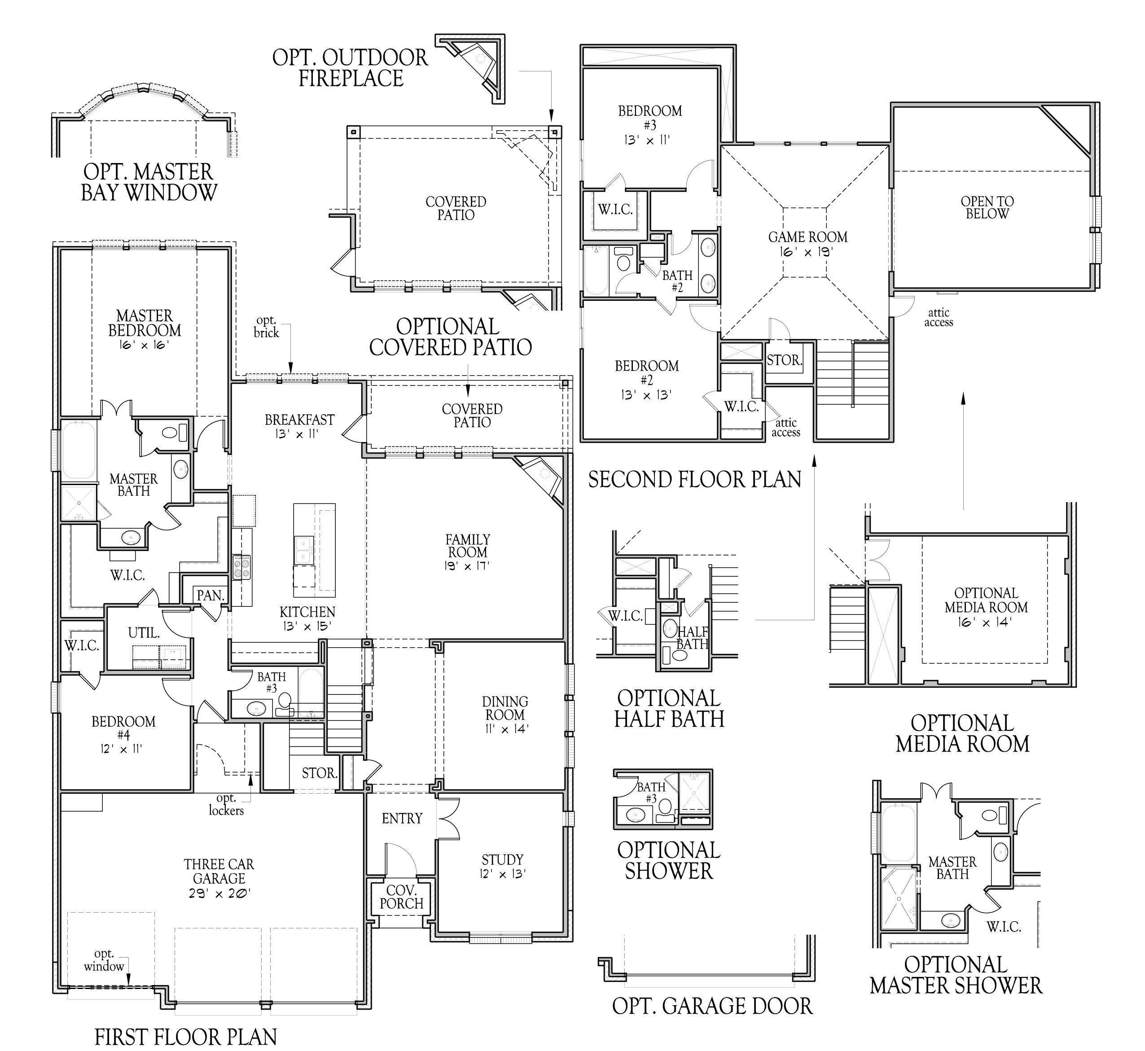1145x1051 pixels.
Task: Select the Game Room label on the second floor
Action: pos(807,243)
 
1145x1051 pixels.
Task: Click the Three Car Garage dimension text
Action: pos(219,893)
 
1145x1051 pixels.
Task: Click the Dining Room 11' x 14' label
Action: pos(505,715)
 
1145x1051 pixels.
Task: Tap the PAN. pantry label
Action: pos(210,596)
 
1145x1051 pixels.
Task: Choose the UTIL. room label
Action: pos(144,633)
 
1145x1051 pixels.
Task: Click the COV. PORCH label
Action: pos(401,897)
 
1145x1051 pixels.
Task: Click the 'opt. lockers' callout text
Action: pos(226,805)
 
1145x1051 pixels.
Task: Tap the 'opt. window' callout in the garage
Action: pos(104,961)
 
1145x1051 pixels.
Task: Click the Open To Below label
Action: pos(987,208)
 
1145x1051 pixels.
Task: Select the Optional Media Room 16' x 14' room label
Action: pos(986,607)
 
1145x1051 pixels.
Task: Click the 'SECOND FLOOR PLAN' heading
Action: pos(694,479)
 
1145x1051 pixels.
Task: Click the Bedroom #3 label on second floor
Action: pos(649,124)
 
